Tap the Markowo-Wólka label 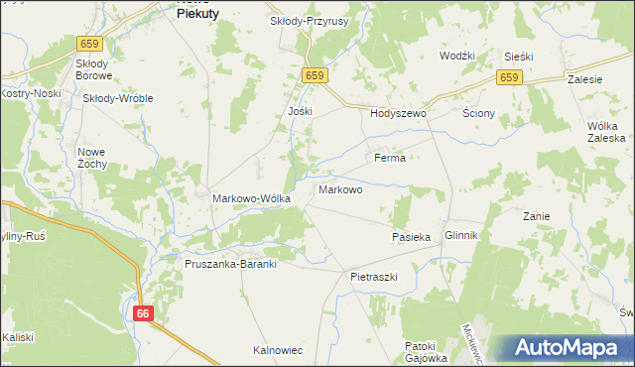[251, 198]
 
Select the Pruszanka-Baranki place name [229, 265]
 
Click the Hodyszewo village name [398, 114]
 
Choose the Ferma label [389, 158]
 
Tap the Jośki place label [300, 111]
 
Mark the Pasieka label [411, 238]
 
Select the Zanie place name [537, 215]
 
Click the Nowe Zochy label [91, 157]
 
